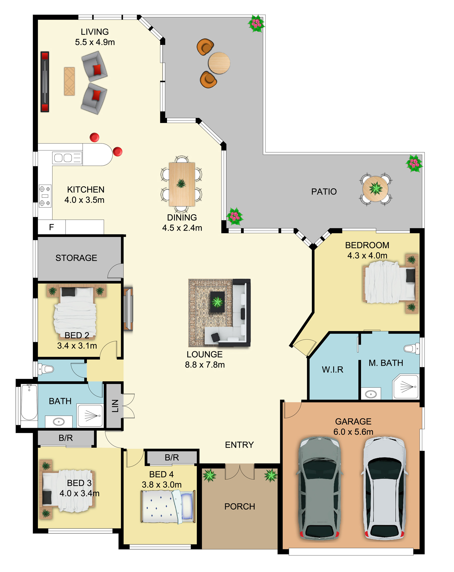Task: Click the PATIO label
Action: pos(324,192)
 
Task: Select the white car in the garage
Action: pos(384,488)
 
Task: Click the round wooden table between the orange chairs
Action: pos(219,63)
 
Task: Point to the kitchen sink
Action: pos(67,158)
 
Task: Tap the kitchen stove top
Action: pos(45,196)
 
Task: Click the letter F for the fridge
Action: pos(51,227)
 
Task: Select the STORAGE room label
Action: pos(76,258)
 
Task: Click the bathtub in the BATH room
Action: pos(29,403)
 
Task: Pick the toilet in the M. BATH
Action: pos(412,348)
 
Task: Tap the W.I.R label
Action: pos(333,369)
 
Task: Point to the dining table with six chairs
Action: pos(182,184)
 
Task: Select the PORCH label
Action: pos(240,507)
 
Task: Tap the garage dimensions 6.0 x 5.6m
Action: pos(353,432)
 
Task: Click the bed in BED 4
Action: pos(168,507)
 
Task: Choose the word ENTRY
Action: pos(239,445)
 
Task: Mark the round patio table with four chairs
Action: pos(376,189)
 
